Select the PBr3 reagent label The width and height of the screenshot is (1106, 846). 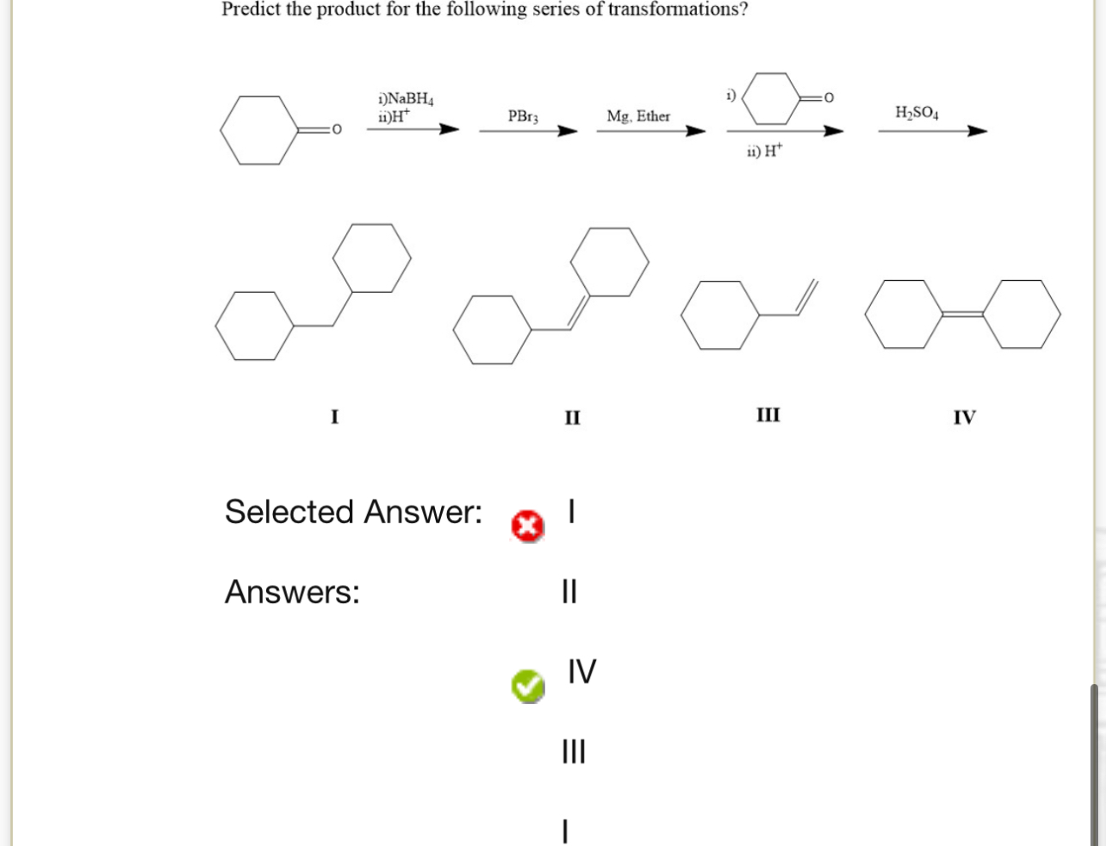coord(523,115)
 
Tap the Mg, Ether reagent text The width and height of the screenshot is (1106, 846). coord(638,115)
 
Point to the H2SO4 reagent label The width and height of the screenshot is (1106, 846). coord(917,113)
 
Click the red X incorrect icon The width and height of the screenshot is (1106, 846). coord(527,526)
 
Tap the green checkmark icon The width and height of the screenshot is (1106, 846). coord(527,686)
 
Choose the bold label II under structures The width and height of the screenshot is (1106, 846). coord(573,418)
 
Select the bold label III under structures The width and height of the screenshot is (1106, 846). coord(768,415)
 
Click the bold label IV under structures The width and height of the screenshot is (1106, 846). coord(965,418)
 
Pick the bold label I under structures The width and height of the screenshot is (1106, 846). coord(335,417)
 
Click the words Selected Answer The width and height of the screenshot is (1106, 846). coord(353,512)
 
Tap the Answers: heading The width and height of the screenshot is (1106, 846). coord(292,592)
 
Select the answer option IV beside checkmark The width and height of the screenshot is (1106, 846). coord(581,671)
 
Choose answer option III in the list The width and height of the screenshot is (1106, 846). coord(573,751)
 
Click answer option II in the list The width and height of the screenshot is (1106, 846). coord(569,592)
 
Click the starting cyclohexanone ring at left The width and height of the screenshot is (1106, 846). coord(256,130)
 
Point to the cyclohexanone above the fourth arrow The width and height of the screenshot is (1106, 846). coord(772,99)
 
